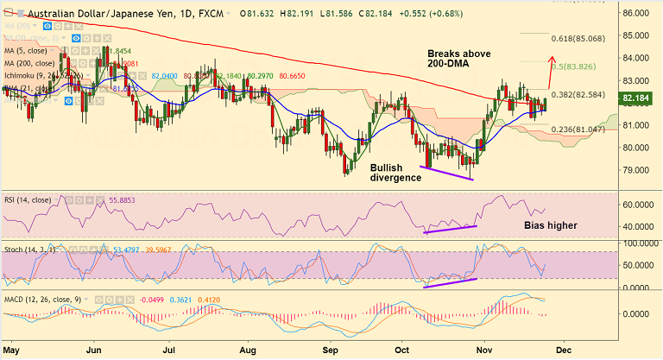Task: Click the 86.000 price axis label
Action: [637, 14]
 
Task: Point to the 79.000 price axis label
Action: [637, 169]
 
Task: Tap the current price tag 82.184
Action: [637, 99]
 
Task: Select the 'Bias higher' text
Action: [551, 225]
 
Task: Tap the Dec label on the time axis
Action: [562, 351]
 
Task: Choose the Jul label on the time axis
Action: [170, 351]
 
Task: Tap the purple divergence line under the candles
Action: [445, 173]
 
